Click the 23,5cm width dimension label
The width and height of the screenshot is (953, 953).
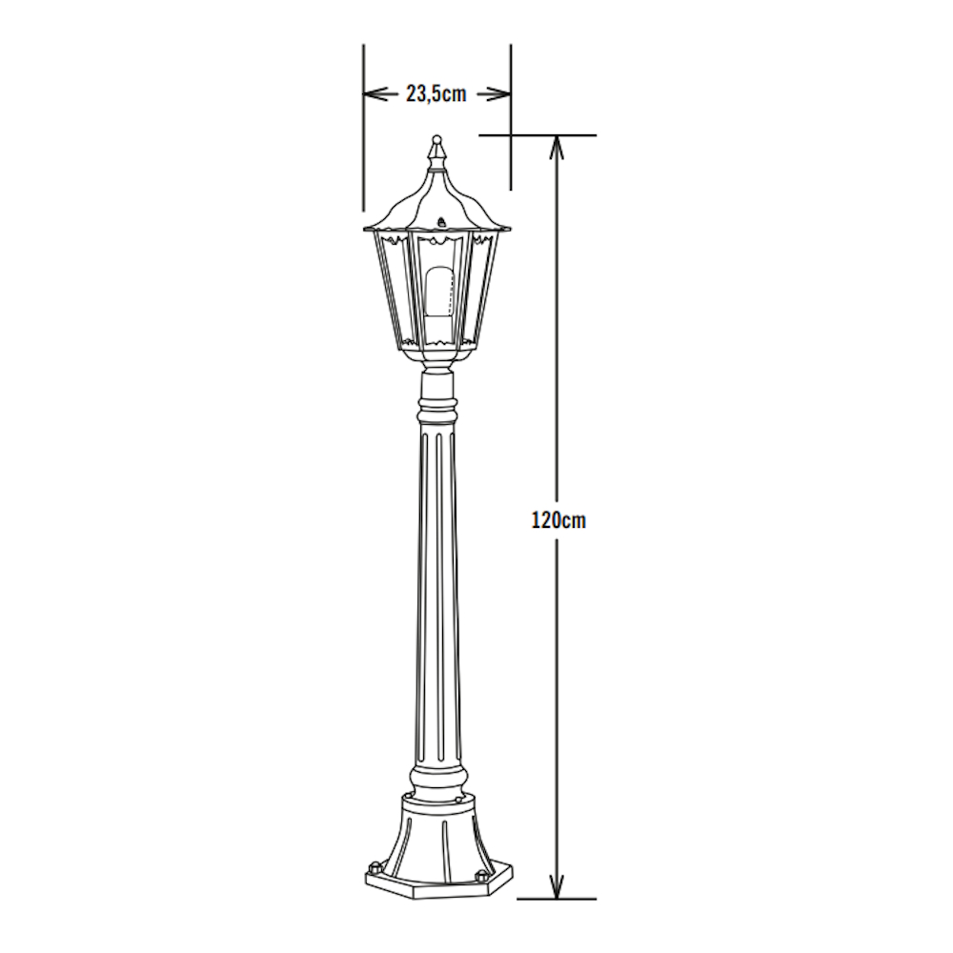pyautogui.click(x=436, y=93)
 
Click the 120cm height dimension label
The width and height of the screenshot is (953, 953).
pyautogui.click(x=558, y=520)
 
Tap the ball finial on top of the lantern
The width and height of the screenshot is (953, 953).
pyautogui.click(x=436, y=140)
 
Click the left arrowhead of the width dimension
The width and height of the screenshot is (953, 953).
pyautogui.click(x=375, y=93)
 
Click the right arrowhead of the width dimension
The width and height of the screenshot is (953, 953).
pyautogui.click(x=497, y=93)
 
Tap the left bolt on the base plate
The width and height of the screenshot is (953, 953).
pyautogui.click(x=375, y=866)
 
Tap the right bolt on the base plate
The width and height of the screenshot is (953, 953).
pyautogui.click(x=483, y=876)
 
